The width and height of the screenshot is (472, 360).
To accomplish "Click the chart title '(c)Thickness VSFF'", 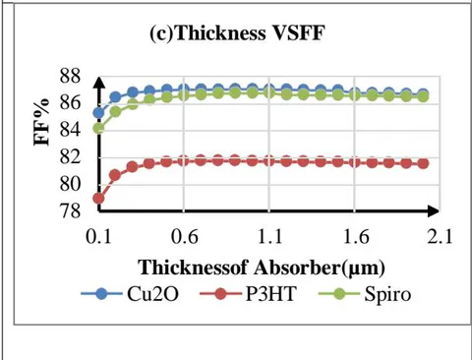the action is pos(237,33).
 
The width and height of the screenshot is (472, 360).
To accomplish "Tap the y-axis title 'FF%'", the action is pos(42,122).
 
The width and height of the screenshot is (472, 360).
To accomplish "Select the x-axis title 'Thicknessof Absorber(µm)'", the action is pos(262,268).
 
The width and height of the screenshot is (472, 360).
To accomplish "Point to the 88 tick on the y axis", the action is pos(70,77).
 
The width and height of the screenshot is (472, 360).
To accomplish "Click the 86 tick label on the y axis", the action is pos(70,103).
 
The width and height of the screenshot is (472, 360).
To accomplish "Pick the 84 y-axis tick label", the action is pos(70,131).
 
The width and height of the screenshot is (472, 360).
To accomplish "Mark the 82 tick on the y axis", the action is pos(70,157).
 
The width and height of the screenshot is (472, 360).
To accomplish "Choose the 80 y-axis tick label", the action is pos(70,185).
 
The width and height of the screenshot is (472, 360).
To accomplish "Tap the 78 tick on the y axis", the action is pos(70,211).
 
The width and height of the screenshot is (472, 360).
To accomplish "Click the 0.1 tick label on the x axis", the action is pos(98,236).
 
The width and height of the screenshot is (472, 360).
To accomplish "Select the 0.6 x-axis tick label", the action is pos(184,236).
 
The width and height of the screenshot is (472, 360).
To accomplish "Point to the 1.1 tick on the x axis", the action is pos(269,236).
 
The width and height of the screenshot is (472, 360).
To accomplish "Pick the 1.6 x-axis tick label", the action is pos(355,236).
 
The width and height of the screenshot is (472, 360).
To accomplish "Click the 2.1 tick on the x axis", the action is pos(440,236).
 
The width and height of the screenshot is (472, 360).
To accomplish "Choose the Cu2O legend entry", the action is pos(130,294).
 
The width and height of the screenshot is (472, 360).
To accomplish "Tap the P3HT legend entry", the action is pos(249,294).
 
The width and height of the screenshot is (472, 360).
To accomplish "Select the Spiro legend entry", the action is pos(365,294).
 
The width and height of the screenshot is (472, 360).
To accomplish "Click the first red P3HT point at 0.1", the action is pos(98,199).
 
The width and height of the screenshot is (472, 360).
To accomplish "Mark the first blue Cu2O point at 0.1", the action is pos(98,113).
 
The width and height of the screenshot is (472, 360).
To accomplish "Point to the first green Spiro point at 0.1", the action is pos(98,128).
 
